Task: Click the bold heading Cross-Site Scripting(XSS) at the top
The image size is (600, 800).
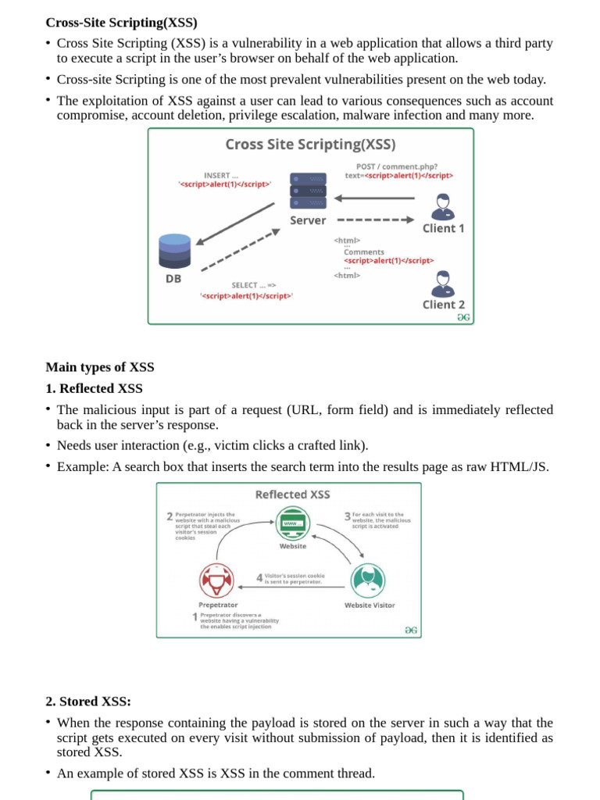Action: [121, 22]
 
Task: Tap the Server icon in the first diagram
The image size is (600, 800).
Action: [308, 190]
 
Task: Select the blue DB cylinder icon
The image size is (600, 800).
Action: [173, 250]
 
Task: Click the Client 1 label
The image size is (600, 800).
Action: [443, 228]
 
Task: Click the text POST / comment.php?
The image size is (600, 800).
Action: [396, 166]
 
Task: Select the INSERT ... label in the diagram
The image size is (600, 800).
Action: [221, 175]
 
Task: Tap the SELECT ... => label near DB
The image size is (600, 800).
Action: [253, 285]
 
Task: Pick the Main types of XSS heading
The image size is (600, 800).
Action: [100, 367]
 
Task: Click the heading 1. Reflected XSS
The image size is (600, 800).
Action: [94, 388]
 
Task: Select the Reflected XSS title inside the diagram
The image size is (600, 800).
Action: [293, 495]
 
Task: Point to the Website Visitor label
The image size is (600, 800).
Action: [370, 605]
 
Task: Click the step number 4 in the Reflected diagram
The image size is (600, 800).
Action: [259, 578]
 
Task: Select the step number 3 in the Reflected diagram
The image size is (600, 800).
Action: [348, 516]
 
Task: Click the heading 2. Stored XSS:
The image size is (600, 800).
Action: [88, 702]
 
